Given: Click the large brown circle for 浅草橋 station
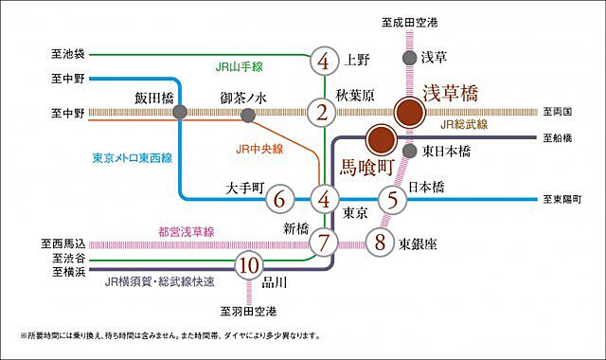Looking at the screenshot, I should pos(410,113).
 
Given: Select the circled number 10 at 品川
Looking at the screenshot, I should pos(249,264).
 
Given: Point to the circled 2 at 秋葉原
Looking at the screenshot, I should pos(324,113).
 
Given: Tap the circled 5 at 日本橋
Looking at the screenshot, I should pos(392,200).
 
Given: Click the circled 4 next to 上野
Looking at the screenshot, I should pos(324,62).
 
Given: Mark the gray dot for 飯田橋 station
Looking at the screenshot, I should pos(180,113).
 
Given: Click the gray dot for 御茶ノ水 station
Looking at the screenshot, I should pos(247,115).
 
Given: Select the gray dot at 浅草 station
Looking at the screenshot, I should pos(409,58).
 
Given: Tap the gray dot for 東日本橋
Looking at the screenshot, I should pos(410,151).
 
